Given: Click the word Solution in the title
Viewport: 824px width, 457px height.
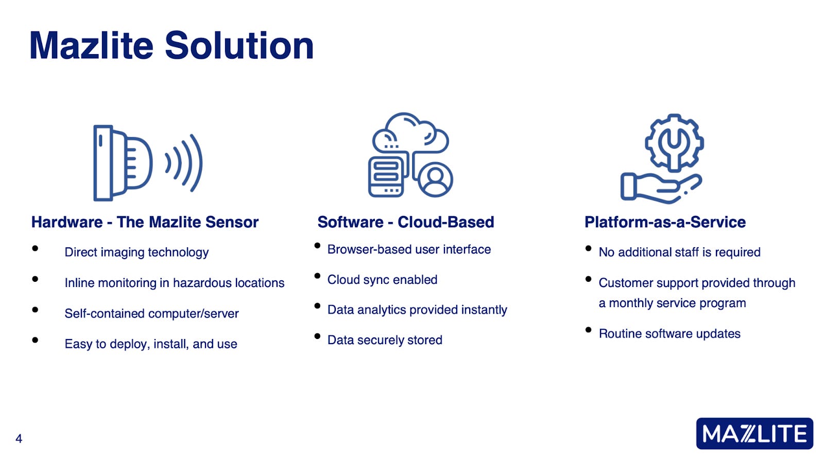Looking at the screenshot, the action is (239, 46).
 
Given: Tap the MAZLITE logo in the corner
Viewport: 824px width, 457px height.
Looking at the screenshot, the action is (754, 433).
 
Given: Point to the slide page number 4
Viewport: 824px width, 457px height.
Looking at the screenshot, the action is (19, 438).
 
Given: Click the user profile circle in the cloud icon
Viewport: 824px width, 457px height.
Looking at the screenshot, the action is (435, 180).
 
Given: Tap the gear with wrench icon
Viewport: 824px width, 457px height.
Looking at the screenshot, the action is (674, 143).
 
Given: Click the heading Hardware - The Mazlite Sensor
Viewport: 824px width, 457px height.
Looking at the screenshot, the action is (145, 222).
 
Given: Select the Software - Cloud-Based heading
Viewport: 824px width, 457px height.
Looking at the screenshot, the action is (406, 222).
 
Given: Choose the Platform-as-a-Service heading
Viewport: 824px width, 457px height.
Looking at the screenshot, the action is (665, 222).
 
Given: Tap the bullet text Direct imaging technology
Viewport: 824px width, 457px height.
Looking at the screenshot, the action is (136, 252).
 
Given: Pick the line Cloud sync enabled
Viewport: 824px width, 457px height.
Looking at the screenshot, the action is (382, 280).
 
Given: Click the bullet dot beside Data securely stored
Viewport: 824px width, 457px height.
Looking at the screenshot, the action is (317, 336).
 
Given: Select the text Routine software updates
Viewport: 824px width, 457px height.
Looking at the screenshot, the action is (669, 333).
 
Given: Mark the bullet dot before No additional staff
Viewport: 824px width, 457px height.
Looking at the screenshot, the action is (588, 248).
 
